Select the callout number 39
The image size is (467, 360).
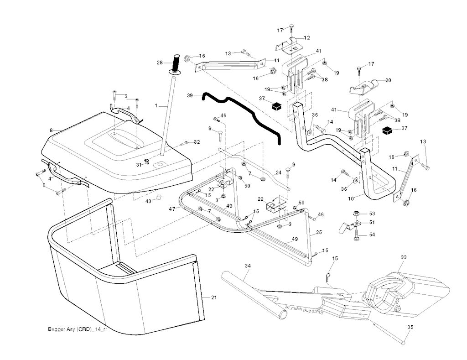[x=191, y=96]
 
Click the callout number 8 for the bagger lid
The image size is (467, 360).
[x=51, y=130]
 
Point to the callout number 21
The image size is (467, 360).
[x=213, y=297]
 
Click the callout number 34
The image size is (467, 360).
[x=248, y=266]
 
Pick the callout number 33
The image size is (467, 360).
[x=403, y=258]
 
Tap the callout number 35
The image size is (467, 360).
[x=410, y=327]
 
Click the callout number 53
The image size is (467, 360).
[x=372, y=214]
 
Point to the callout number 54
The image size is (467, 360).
[x=372, y=235]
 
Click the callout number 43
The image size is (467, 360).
[x=148, y=201]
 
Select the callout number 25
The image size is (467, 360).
[x=319, y=233]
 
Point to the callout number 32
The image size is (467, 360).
[x=197, y=142]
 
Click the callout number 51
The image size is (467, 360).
[x=372, y=223]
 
